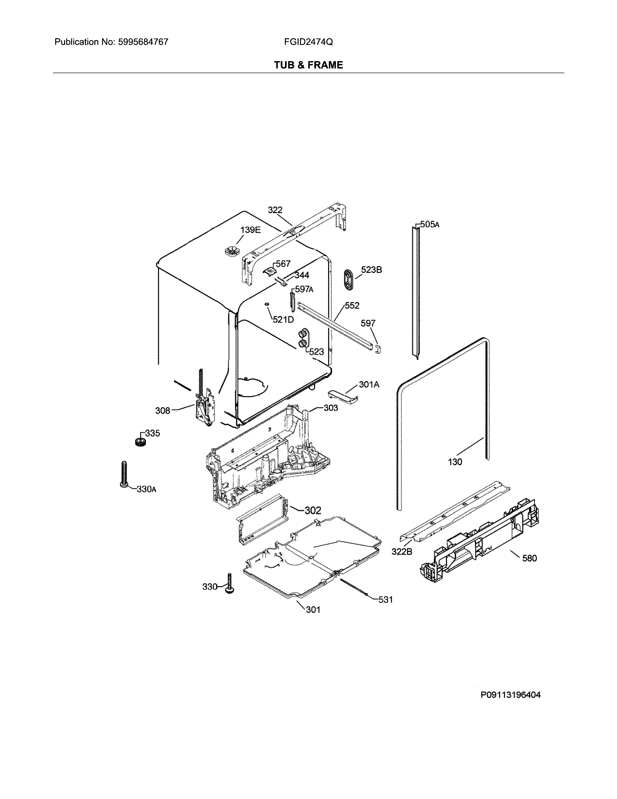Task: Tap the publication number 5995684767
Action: [143, 42]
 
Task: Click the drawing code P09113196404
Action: [510, 695]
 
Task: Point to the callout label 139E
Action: [250, 230]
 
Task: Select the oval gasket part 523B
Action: [349, 280]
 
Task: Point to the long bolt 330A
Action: [124, 475]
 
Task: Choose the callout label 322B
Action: [402, 551]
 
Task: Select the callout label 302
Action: [313, 510]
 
